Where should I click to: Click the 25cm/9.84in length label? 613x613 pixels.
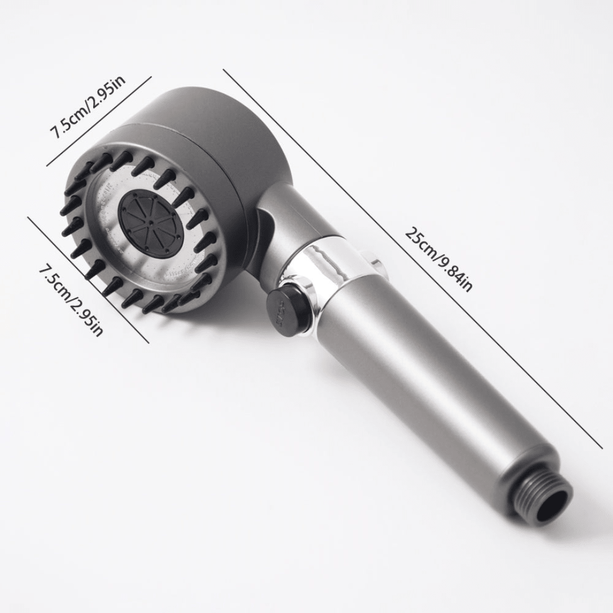point(438,259)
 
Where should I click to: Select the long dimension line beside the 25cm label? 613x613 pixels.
point(413,259)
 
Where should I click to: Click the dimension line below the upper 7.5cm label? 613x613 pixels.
point(99,121)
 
